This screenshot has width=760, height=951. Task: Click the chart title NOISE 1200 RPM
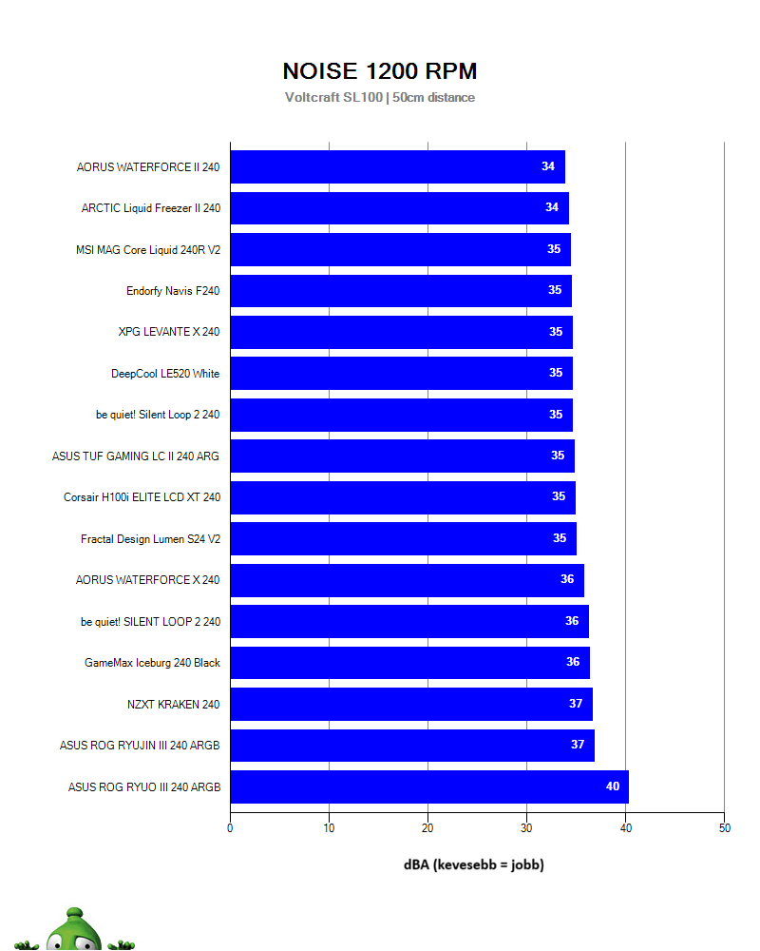(x=380, y=71)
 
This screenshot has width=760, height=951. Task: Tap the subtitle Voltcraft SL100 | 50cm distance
(x=380, y=97)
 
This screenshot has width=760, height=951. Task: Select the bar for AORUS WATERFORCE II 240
(x=397, y=166)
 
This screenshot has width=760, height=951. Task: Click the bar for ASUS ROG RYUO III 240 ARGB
(x=428, y=786)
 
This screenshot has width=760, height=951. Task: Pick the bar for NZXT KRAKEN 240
(x=410, y=704)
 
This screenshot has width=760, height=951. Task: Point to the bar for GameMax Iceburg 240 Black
(x=409, y=663)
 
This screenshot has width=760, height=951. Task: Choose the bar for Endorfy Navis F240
(x=400, y=291)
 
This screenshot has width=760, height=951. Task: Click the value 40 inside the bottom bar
(x=613, y=786)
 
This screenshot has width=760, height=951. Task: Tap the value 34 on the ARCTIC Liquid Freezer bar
(x=552, y=207)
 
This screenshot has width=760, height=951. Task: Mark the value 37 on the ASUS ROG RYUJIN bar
(x=578, y=745)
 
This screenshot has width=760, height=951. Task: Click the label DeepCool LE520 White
(x=165, y=374)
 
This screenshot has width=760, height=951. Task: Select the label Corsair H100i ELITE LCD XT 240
(x=142, y=497)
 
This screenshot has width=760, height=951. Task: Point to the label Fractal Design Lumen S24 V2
(x=150, y=539)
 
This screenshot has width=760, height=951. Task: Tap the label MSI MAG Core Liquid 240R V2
(x=148, y=250)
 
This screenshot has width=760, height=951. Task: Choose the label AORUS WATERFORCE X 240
(x=148, y=580)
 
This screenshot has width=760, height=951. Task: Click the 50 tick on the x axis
(x=724, y=828)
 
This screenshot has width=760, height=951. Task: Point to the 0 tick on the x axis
(x=230, y=828)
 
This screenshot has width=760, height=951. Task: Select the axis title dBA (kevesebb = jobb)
(x=474, y=864)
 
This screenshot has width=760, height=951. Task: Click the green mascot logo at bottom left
(x=73, y=932)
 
